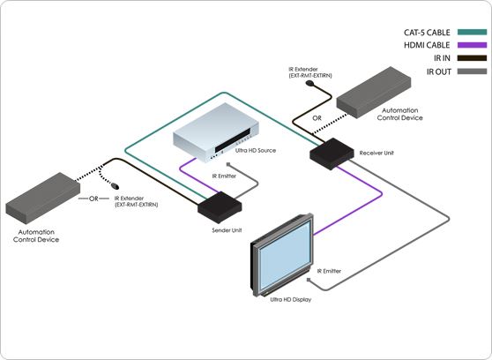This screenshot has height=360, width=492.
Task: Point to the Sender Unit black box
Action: (219, 209)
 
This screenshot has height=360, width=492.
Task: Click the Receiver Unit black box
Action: (330, 154)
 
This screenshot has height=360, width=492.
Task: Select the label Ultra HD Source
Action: (255, 151)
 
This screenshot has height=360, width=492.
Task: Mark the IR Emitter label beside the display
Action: (327, 270)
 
